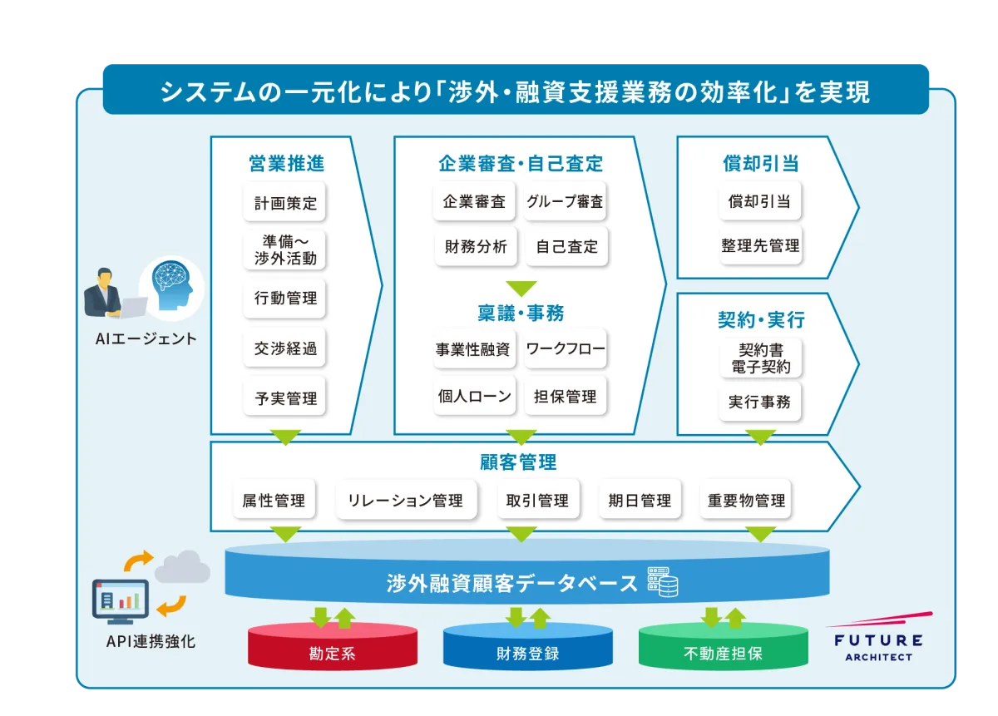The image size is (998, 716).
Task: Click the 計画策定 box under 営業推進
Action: pyautogui.click(x=285, y=203)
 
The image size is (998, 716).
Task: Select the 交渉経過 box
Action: pyautogui.click(x=285, y=348)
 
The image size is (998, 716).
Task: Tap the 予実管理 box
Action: pyautogui.click(x=285, y=398)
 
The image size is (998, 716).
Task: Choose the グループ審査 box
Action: pyautogui.click(x=565, y=202)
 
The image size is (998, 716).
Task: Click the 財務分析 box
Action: pyautogui.click(x=476, y=247)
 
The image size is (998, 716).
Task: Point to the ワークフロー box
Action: pyautogui.click(x=566, y=348)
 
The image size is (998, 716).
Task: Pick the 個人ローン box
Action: pyautogui.click(x=474, y=397)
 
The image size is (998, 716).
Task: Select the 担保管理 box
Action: pyautogui.click(x=566, y=397)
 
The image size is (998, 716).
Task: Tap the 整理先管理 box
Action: pyautogui.click(x=760, y=246)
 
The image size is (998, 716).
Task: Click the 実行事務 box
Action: pyautogui.click(x=759, y=402)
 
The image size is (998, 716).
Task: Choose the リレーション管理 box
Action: pyautogui.click(x=406, y=501)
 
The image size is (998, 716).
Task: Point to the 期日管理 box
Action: pyautogui.click(x=640, y=501)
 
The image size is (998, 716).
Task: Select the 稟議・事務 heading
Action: pyautogui.click(x=521, y=313)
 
